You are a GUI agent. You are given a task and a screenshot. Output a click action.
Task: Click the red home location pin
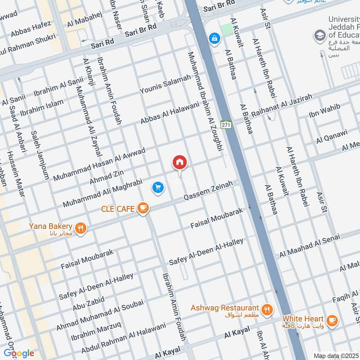180,162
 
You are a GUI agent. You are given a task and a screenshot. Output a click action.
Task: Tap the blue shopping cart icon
157,187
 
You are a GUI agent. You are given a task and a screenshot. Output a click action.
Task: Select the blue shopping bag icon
215,39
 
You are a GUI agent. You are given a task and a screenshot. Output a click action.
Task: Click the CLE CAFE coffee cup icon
143,207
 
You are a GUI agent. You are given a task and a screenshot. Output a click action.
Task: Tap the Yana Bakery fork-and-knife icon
81,228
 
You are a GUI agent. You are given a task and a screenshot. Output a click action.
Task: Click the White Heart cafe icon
332,320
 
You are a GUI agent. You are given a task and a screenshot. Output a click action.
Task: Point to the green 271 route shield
226,125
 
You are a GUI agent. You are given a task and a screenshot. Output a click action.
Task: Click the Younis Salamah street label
165,85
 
